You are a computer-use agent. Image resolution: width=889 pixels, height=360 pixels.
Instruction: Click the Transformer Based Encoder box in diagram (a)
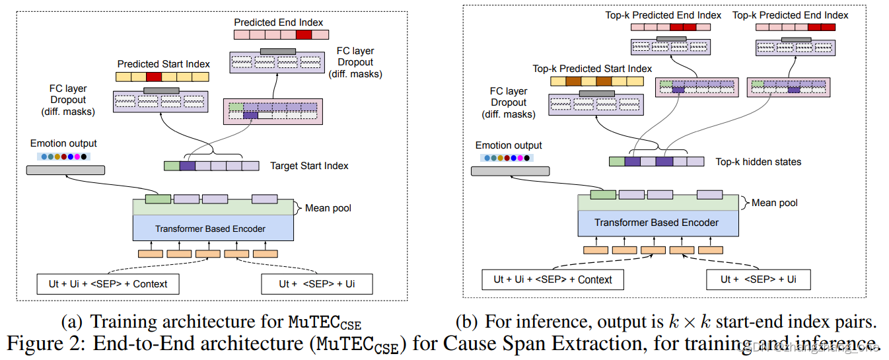click(210, 229)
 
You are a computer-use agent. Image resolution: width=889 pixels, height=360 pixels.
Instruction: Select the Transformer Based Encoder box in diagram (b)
click(657, 223)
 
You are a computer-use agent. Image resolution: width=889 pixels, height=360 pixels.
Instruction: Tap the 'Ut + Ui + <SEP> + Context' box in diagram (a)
click(108, 284)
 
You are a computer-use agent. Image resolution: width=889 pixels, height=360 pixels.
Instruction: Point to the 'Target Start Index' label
click(309, 166)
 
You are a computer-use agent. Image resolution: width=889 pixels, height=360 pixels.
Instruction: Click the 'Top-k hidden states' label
click(758, 161)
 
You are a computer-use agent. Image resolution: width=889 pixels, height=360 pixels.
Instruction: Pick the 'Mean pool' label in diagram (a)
click(328, 208)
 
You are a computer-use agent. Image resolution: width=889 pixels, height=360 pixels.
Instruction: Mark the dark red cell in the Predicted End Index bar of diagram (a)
click(304, 35)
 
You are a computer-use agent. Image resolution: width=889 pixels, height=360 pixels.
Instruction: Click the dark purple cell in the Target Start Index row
click(188, 166)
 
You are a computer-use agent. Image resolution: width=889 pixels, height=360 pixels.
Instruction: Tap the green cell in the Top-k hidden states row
click(617, 161)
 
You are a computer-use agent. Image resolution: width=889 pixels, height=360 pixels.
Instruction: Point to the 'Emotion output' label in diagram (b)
click(509, 145)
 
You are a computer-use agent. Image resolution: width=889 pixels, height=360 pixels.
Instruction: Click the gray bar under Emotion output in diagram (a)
click(65, 170)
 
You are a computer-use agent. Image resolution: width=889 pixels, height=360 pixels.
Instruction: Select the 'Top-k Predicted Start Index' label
click(592, 69)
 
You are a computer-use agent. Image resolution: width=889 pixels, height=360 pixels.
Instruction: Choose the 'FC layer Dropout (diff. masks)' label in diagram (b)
click(509, 102)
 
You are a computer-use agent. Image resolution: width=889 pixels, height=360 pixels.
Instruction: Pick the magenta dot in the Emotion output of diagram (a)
click(77, 157)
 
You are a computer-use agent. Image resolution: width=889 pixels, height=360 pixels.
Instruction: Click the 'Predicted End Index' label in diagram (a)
click(279, 22)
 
